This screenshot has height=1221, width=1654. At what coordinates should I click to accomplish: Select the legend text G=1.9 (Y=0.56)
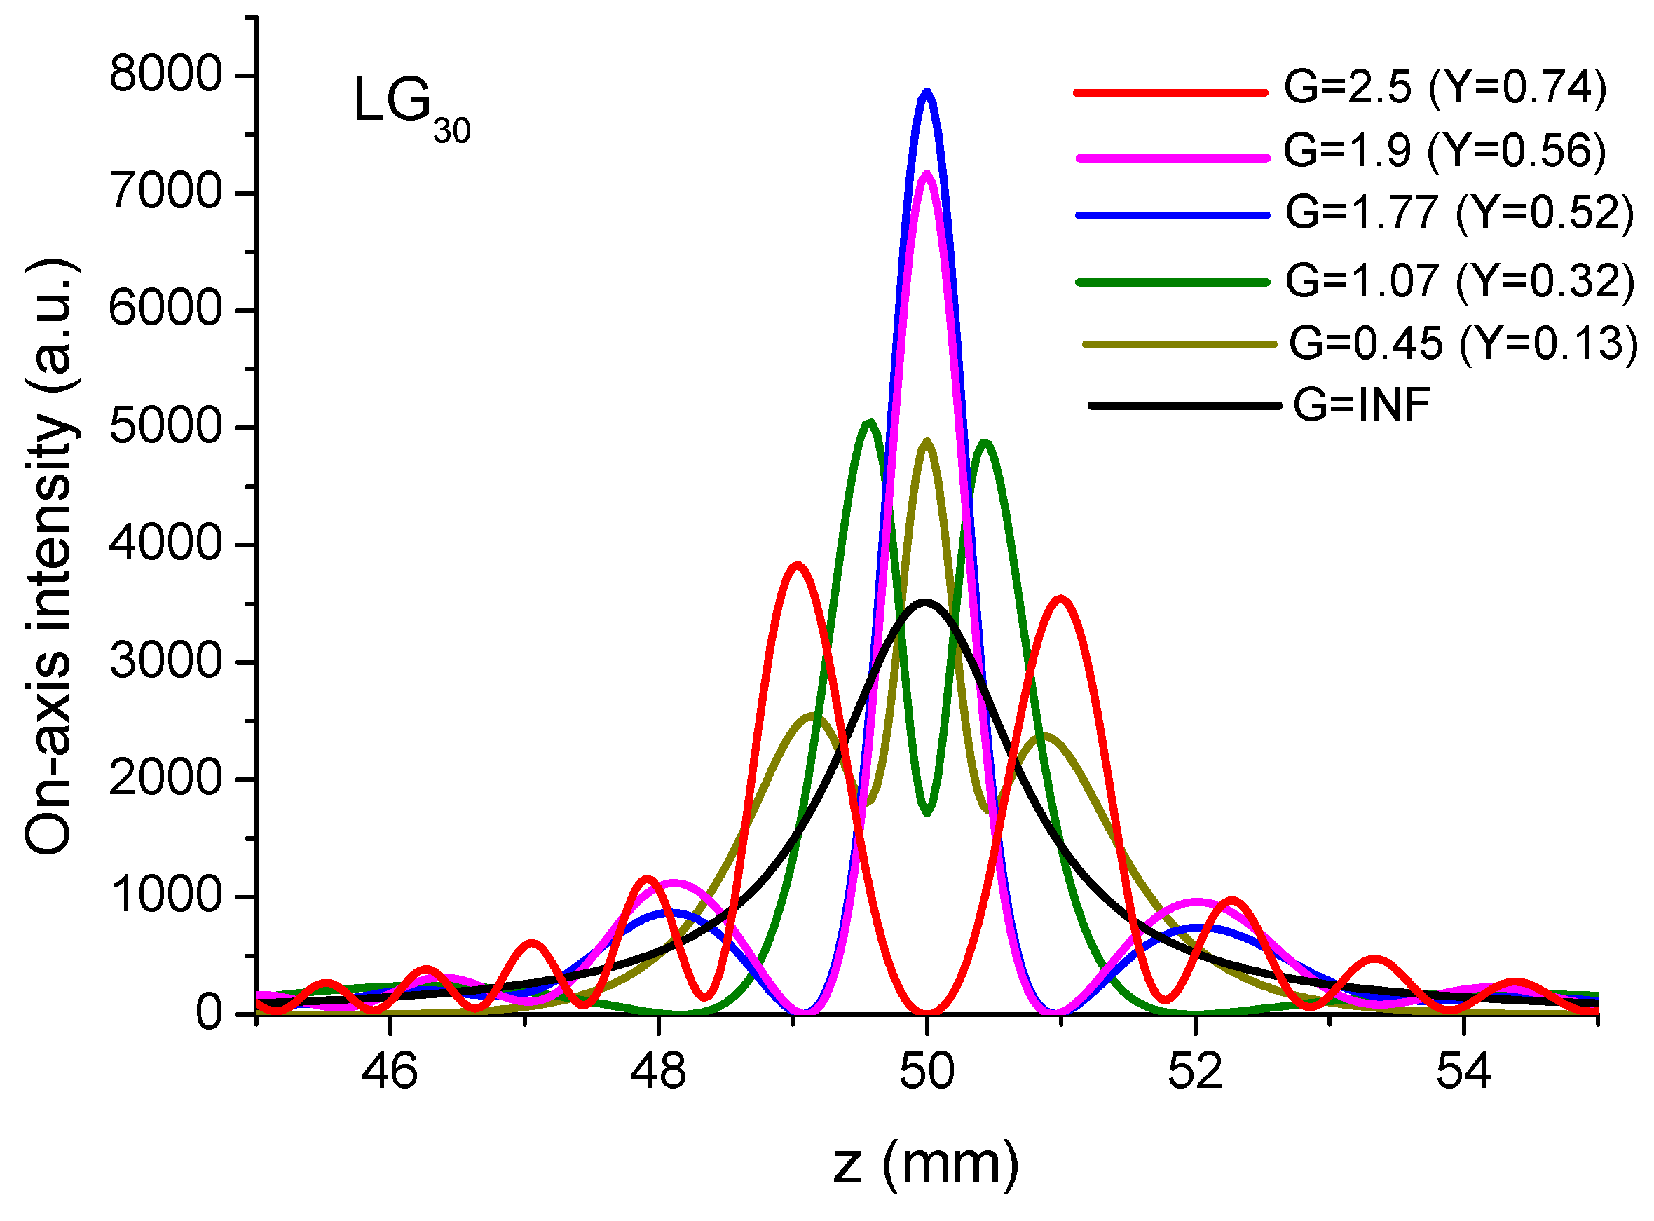coord(1444,151)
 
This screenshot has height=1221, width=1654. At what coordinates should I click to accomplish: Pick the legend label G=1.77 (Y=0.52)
coord(1459,213)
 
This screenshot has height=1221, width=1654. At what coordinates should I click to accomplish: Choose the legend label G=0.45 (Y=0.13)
coord(1463,343)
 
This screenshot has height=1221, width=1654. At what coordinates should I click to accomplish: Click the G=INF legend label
coord(1361,405)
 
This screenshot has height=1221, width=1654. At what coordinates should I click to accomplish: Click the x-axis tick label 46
coord(390,1071)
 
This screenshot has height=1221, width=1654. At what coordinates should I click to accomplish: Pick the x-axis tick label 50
coord(926,1071)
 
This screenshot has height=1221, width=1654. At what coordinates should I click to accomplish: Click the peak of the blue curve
coord(927,92)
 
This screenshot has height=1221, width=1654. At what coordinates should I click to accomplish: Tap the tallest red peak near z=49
coord(797,566)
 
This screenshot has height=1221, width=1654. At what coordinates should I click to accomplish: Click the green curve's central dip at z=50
coord(927,813)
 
